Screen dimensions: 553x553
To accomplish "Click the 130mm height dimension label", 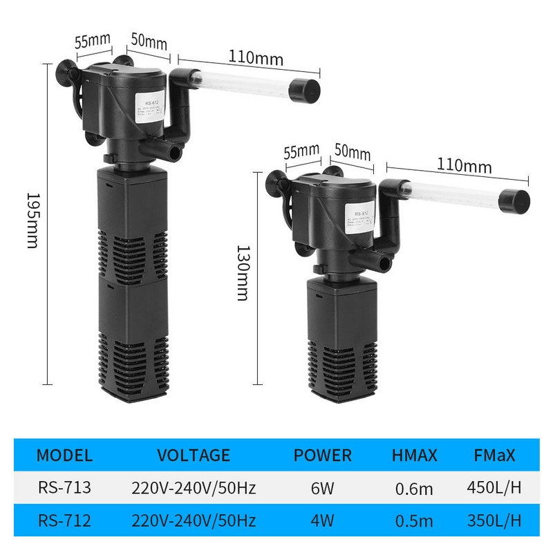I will click(243, 272).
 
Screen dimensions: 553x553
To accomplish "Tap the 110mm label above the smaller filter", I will click(464, 166).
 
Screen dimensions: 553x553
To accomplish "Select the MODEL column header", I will click(64, 455).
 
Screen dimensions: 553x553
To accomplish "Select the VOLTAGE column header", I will click(194, 455).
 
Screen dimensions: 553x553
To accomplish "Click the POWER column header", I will click(323, 455).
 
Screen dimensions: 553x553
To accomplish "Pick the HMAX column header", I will click(415, 455).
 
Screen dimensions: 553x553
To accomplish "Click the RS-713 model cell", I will click(64, 487).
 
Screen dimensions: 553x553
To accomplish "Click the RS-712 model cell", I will click(64, 520).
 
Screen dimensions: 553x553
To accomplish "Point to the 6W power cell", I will click(323, 488).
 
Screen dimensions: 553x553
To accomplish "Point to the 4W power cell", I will click(323, 520).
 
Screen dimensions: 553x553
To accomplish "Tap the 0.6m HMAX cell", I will click(415, 489).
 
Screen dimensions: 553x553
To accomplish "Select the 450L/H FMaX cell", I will click(494, 488).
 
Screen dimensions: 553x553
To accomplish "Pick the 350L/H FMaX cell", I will click(494, 520).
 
